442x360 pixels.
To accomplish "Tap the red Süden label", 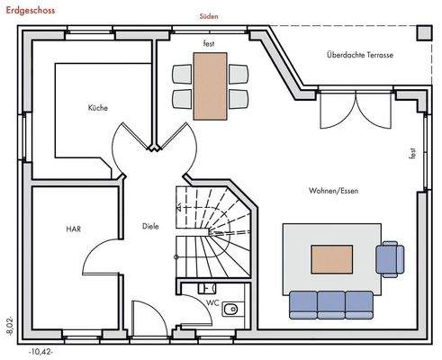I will click(209, 16).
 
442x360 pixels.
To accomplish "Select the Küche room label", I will click(98, 108).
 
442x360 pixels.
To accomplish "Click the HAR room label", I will click(73, 229).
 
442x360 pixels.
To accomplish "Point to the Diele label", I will click(150, 226).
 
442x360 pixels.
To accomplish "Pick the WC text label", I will click(212, 302).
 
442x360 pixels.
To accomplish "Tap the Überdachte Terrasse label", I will click(359, 55).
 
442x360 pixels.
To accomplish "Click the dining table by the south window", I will click(211, 85).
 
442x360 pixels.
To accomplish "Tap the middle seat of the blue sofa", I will click(331, 304).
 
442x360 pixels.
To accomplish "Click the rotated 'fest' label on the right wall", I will click(413, 152).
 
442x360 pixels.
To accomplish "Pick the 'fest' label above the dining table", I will click(210, 42).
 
